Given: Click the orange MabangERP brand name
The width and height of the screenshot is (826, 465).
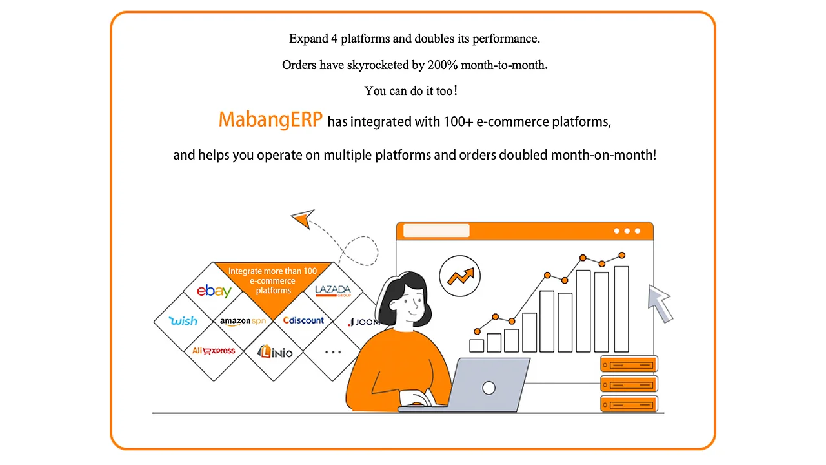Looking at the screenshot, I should point(270,120).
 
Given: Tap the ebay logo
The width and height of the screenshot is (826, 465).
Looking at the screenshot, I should point(214,291).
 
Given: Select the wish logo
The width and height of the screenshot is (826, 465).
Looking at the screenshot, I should point(183,321).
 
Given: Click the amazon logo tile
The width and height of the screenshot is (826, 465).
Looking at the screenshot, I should point(243,321).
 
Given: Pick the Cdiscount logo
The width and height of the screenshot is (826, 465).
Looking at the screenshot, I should point(303,321).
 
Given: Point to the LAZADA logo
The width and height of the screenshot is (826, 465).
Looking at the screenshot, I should point(333,291).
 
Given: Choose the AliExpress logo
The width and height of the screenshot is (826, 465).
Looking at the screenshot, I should point(214,351).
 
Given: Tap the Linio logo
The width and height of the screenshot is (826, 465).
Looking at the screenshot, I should point(275,351).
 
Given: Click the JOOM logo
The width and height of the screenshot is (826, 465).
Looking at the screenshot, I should point(363,322).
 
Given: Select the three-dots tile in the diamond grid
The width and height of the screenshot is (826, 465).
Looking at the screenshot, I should point(333,352).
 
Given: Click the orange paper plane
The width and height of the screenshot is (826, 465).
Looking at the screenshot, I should point(301,219).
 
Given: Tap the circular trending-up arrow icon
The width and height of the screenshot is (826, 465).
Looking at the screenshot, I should point(460,276).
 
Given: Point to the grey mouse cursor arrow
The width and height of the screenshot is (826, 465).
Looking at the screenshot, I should point(660,302).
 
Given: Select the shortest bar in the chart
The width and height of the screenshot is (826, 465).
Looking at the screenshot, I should point(477,346).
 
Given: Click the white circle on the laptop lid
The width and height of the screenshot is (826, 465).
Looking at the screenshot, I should point(489,387).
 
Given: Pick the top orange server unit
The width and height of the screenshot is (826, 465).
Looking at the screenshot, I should point(629,364).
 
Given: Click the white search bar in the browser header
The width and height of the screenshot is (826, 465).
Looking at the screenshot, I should point(436,231).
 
